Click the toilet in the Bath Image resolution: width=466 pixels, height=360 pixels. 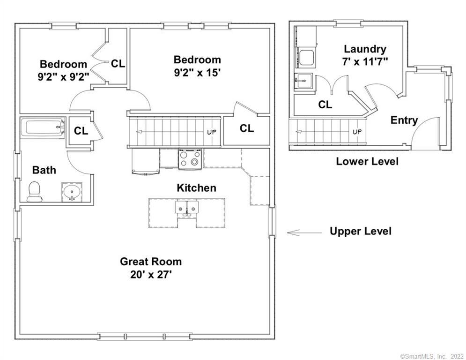pyautogui.click(x=34, y=192)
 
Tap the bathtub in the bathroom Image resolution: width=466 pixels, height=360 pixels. pyautogui.click(x=42, y=127)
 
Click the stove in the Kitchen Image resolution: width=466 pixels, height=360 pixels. pyautogui.click(x=190, y=158)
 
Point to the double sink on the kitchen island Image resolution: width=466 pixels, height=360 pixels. pyautogui.click(x=186, y=208)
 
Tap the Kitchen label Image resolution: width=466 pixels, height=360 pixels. pyautogui.click(x=196, y=188)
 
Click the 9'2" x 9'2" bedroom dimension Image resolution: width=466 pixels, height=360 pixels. pyautogui.click(x=63, y=76)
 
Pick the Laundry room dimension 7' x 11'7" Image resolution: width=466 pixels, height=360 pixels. pyautogui.click(x=365, y=61)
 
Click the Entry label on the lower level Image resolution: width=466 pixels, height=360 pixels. pyautogui.click(x=404, y=120)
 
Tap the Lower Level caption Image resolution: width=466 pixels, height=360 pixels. pyautogui.click(x=367, y=162)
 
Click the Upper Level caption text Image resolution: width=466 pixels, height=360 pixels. pyautogui.click(x=360, y=231)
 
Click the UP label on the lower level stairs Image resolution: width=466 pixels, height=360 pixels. pyautogui.click(x=357, y=132)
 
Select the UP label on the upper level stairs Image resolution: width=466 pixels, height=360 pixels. pyautogui.click(x=212, y=132)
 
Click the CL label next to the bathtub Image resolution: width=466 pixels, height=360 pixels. pyautogui.click(x=81, y=131)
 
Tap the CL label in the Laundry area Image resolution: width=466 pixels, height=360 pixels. pyautogui.click(x=325, y=105)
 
